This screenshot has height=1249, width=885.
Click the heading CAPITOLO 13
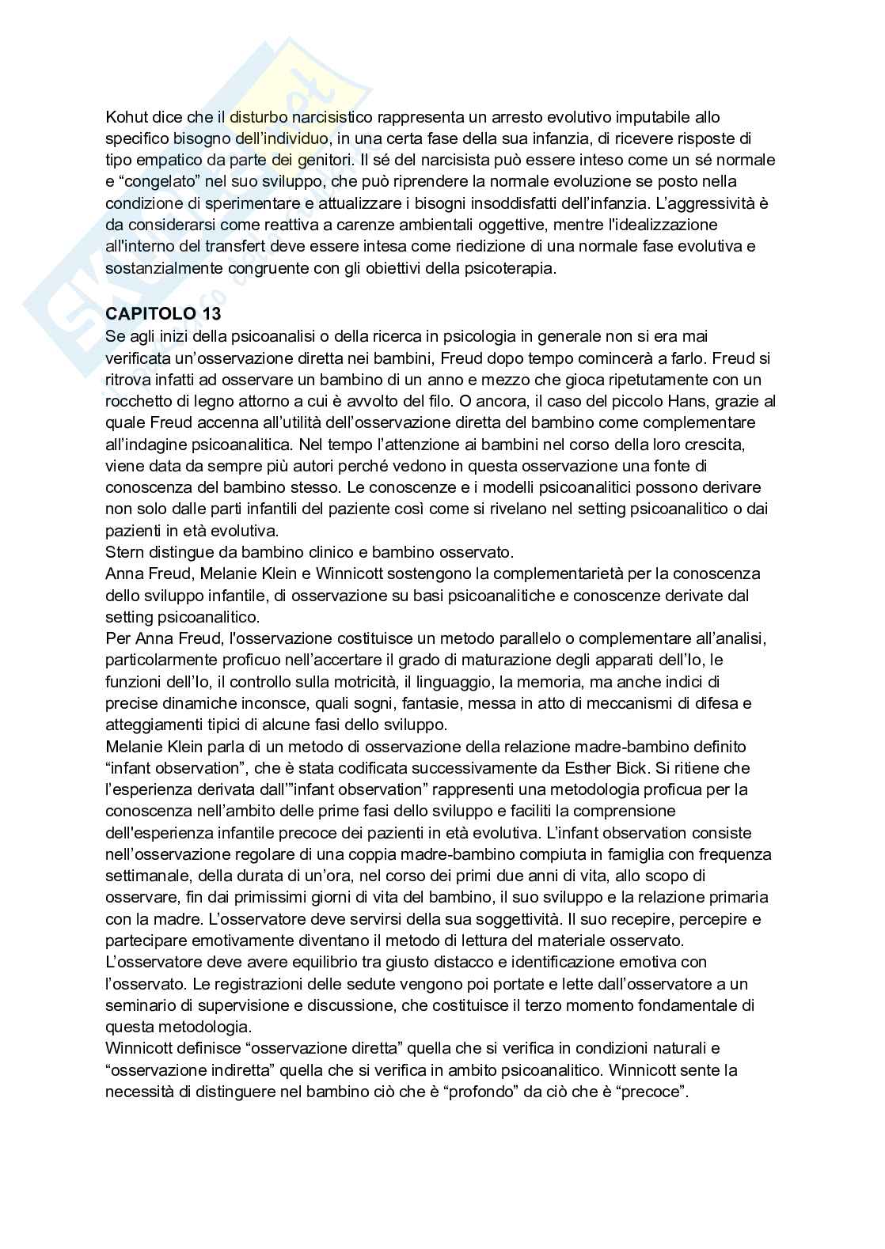pyautogui.click(x=163, y=314)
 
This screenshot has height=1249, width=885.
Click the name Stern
pyautogui.click(x=123, y=552)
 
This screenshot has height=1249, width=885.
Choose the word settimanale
pyautogui.click(x=144, y=876)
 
